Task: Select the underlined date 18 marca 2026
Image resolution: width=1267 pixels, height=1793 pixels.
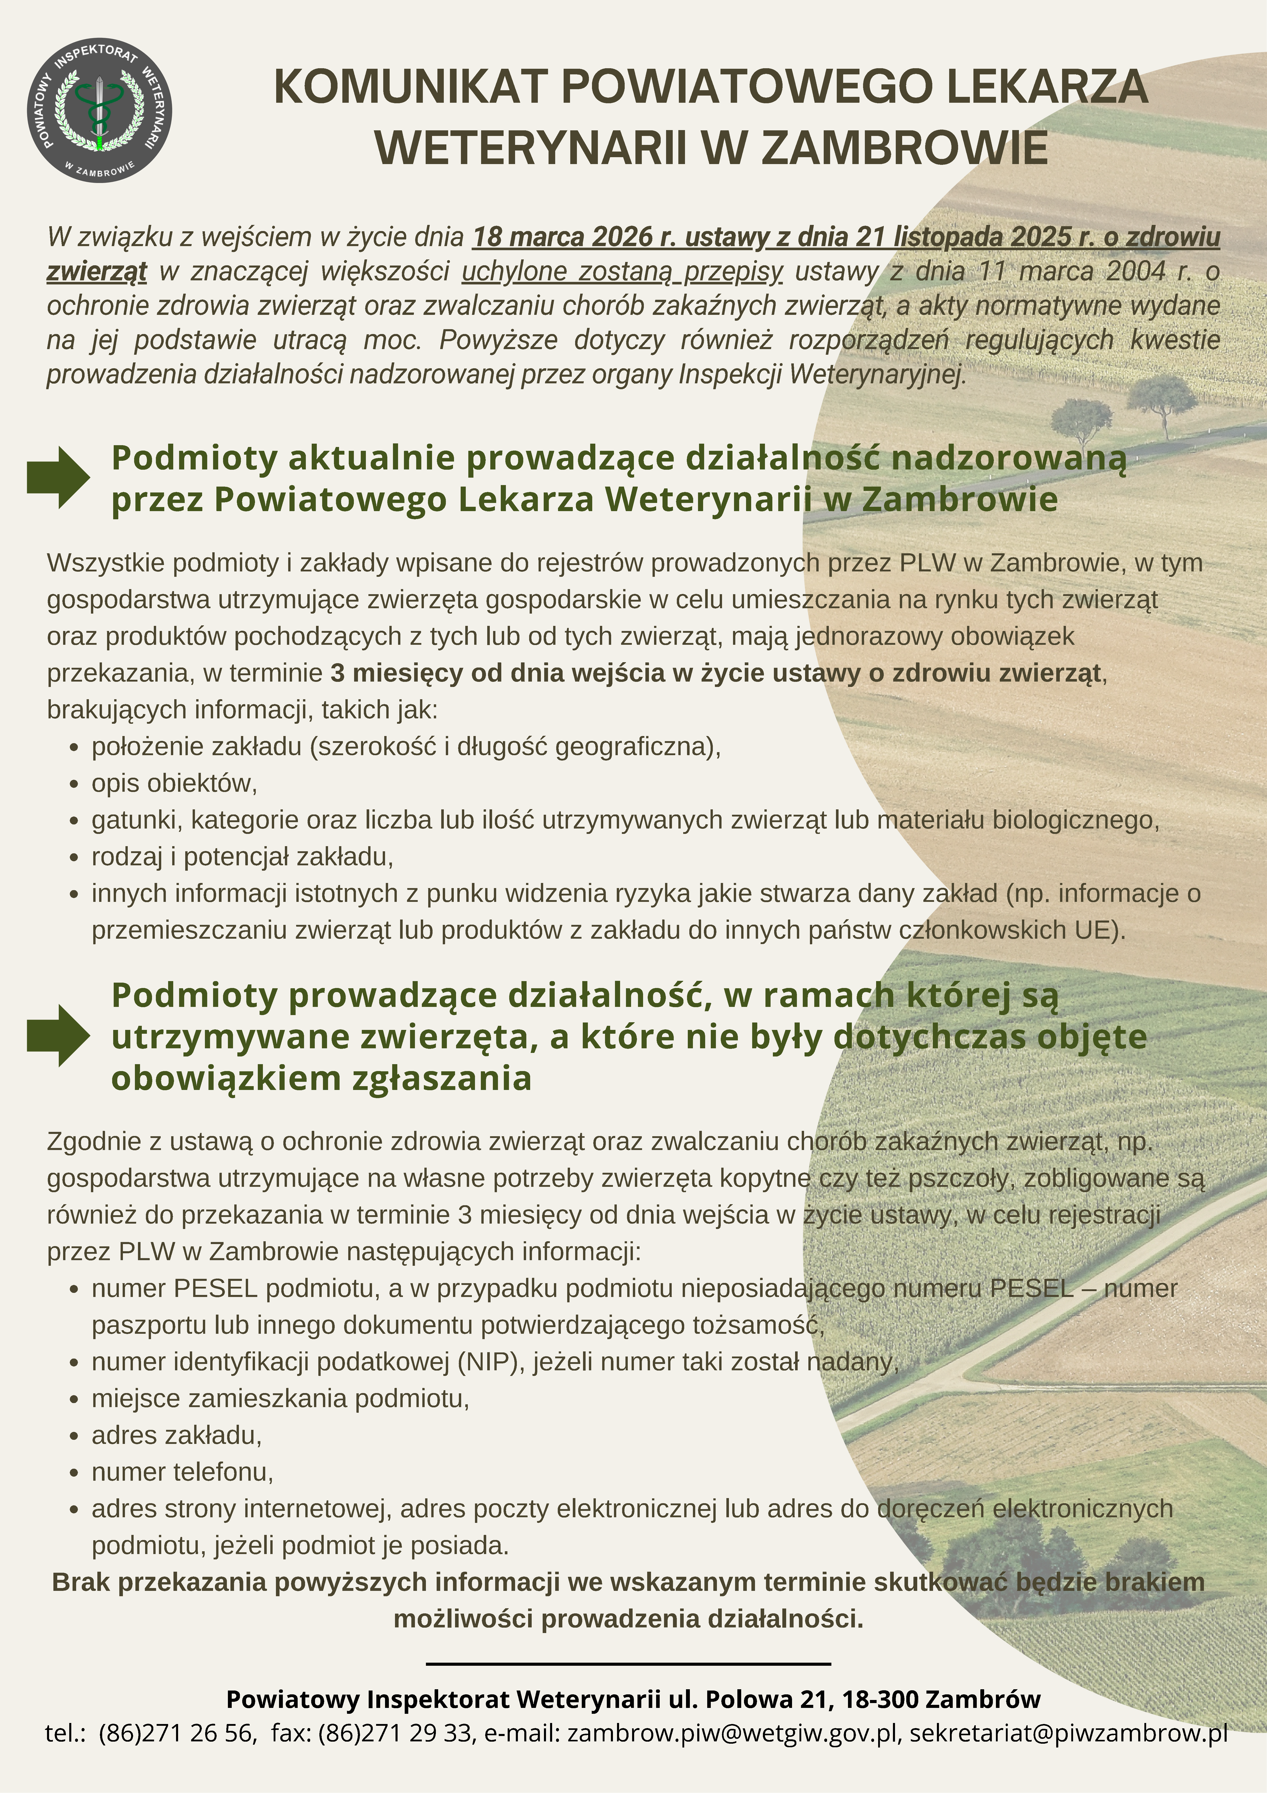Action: click(x=562, y=237)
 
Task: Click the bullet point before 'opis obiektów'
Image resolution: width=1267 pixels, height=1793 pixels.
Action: click(x=74, y=784)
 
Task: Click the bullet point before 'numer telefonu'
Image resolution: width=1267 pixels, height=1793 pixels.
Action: click(x=74, y=1473)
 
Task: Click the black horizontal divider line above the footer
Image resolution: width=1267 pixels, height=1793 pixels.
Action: click(x=629, y=1664)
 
